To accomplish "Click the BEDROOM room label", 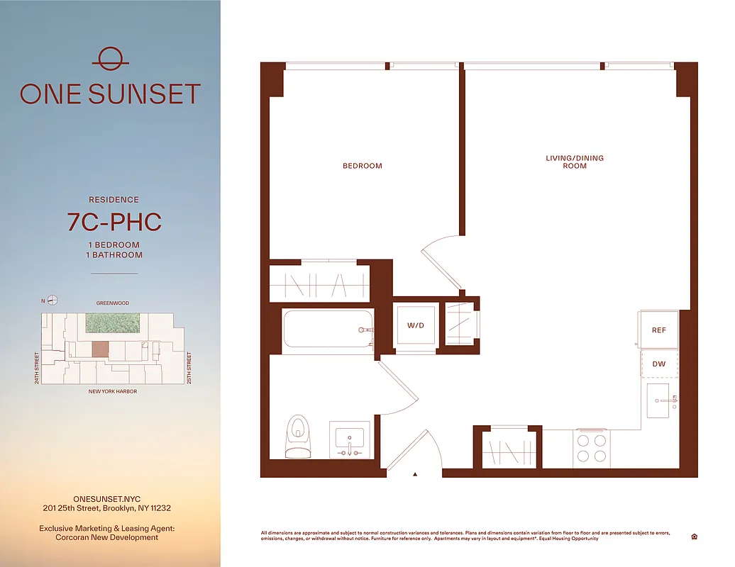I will pyautogui.click(x=362, y=166).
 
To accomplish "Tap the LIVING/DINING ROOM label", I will pyautogui.click(x=575, y=162).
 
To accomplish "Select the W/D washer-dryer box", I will pyautogui.click(x=415, y=326).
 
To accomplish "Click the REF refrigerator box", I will pyautogui.click(x=658, y=330).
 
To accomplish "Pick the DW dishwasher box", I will pyautogui.click(x=658, y=364).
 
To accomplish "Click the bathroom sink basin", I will pyautogui.click(x=348, y=437).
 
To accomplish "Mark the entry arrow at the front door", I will pyautogui.click(x=415, y=473).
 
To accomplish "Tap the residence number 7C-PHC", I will pyautogui.click(x=114, y=222).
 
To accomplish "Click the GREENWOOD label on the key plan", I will pyautogui.click(x=113, y=303).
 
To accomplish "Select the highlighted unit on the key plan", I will pyautogui.click(x=101, y=349).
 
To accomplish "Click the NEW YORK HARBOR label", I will pyautogui.click(x=113, y=391).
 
